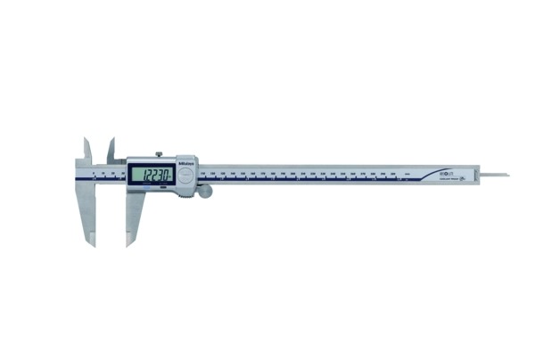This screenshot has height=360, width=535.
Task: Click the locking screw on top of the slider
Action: pos(159,154)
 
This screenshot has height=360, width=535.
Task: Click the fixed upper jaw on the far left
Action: pos(87,151)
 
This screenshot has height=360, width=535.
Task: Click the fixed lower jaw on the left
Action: pos(86,214)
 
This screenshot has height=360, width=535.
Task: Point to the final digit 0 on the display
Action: pos(167,175)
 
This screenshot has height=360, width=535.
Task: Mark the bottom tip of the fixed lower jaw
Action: pos(91,245)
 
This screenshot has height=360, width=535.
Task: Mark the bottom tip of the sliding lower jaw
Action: pos(130,245)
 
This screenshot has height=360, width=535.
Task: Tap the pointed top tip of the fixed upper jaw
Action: pos(86,138)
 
